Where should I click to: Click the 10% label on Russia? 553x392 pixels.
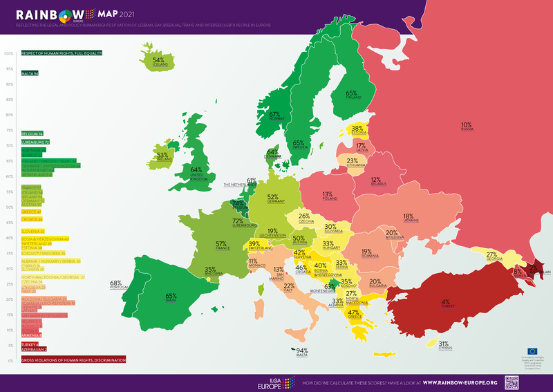click(x=466, y=125)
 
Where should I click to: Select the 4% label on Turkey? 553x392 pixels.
click(x=446, y=302)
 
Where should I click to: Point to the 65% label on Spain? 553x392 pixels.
click(x=171, y=297)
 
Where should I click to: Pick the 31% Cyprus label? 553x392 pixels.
click(x=444, y=344)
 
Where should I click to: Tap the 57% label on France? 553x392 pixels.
click(x=221, y=244)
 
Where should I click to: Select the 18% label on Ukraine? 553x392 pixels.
click(x=408, y=216)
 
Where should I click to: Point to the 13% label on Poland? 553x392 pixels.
click(x=327, y=195)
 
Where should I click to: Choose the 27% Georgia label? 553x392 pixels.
click(x=492, y=255)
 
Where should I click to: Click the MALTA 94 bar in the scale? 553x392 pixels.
click(x=30, y=73)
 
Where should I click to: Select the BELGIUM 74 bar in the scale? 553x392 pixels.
click(x=32, y=132)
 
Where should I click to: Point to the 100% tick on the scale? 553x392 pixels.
click(x=9, y=53)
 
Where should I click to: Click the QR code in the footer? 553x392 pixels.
click(x=512, y=382)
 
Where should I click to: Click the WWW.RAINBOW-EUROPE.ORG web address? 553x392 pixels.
click(x=460, y=382)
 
